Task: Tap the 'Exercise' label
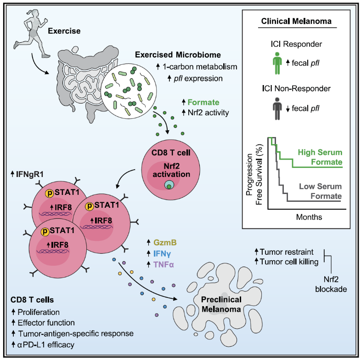pos(64,31)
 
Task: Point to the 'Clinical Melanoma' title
pos(296,21)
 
